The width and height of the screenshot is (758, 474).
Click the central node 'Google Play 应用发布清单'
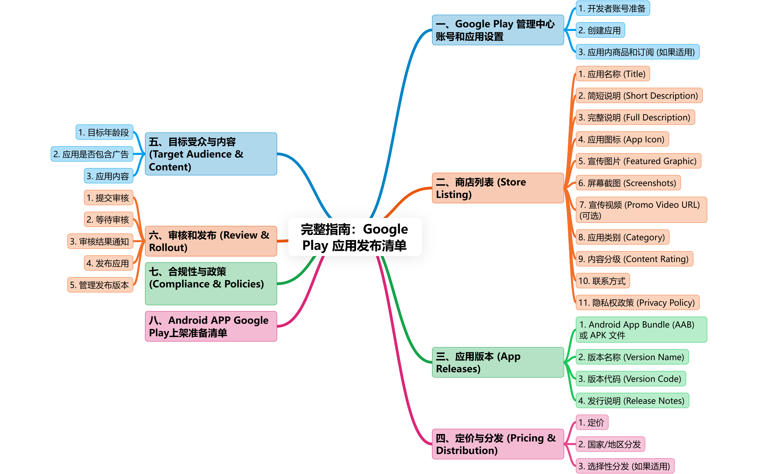pos(355,237)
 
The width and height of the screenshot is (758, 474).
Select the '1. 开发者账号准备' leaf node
pos(612,8)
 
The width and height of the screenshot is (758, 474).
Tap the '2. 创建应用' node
pos(600,30)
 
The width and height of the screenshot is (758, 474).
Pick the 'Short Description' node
pos(639,96)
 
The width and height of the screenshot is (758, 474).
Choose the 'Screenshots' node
pos(628,183)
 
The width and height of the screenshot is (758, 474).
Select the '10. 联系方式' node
pos(602,281)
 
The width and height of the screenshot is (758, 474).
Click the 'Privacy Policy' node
pos(637,303)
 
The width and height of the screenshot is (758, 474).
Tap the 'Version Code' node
pos(630,379)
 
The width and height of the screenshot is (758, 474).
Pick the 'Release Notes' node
pos(632,401)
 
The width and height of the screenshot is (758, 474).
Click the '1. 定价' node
pos(592,423)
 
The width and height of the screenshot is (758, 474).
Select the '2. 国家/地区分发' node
pos(610,444)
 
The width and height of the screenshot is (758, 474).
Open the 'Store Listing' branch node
pos(498,188)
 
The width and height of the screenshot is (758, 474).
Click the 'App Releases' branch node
pos(498,362)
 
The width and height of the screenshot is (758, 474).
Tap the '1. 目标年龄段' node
pos(104,133)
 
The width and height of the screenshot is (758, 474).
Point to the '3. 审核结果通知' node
pos(100,241)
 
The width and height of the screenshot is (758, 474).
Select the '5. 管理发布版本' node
pos(100,285)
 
